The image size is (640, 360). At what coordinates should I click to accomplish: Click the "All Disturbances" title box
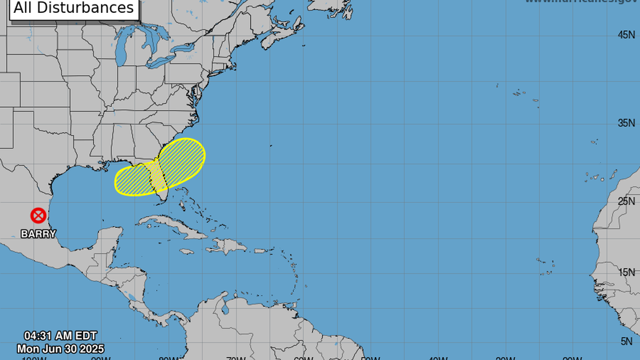[74, 8]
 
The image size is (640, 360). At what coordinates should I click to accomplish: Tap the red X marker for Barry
[38, 215]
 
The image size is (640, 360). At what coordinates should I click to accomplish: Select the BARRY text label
[38, 234]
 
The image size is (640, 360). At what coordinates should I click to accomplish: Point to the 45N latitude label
[626, 35]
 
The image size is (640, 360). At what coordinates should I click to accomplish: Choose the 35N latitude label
[626, 123]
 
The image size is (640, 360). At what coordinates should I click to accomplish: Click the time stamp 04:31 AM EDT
[61, 337]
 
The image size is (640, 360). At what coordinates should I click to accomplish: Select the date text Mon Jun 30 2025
[60, 349]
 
